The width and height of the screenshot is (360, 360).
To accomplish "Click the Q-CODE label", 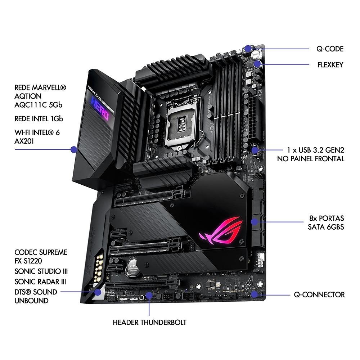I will [x=330, y=49].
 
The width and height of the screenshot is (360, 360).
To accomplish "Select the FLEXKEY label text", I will [x=330, y=65].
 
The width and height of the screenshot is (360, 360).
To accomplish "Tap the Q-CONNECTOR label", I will [x=319, y=295].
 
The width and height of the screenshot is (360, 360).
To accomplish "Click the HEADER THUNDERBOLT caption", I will [x=149, y=322].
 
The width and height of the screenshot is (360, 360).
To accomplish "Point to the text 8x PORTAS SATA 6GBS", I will [x=326, y=222].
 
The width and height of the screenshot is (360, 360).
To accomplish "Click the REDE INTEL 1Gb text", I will [x=41, y=118].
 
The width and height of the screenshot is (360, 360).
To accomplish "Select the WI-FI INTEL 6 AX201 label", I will [x=37, y=137].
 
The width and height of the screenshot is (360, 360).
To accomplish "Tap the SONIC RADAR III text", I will [x=40, y=281].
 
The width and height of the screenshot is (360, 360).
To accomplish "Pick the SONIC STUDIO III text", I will [x=41, y=271].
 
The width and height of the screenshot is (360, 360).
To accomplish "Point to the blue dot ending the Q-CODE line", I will [x=249, y=48].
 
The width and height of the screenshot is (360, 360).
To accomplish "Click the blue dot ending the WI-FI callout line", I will [x=74, y=149].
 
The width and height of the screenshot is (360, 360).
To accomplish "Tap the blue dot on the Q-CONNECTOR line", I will [x=256, y=294].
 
